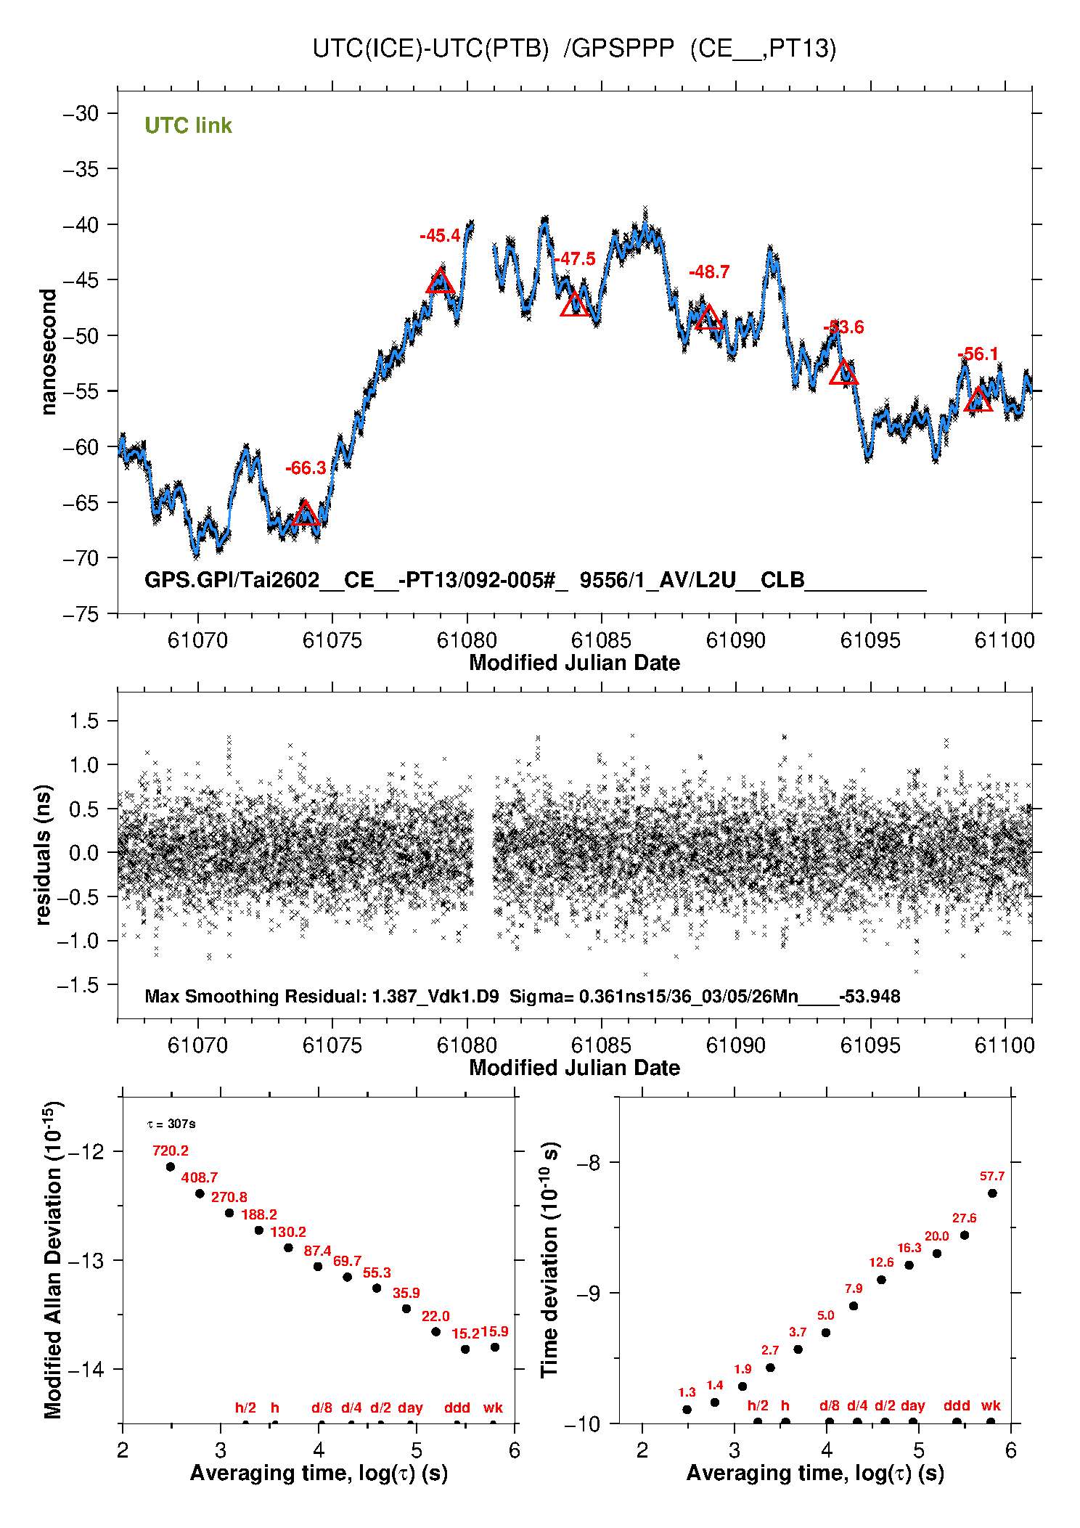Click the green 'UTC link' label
coord(188,126)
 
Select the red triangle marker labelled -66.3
coord(306,514)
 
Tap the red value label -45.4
coord(440,235)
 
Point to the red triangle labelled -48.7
coord(708,318)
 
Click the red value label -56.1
coord(978,354)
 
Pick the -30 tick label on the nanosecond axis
coord(81,113)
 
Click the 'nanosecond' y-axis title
coord(48,352)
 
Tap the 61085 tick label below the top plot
coord(601,640)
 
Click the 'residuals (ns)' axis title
coord(44,854)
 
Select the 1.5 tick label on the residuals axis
coord(83,721)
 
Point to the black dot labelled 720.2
coord(171,1167)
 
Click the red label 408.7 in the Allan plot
coord(200,1177)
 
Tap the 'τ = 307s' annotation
coord(171,1124)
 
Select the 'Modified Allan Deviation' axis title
coord(52,1259)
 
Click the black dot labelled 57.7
coord(992,1193)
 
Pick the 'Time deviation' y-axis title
coord(549,1259)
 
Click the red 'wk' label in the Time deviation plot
coord(991,1405)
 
